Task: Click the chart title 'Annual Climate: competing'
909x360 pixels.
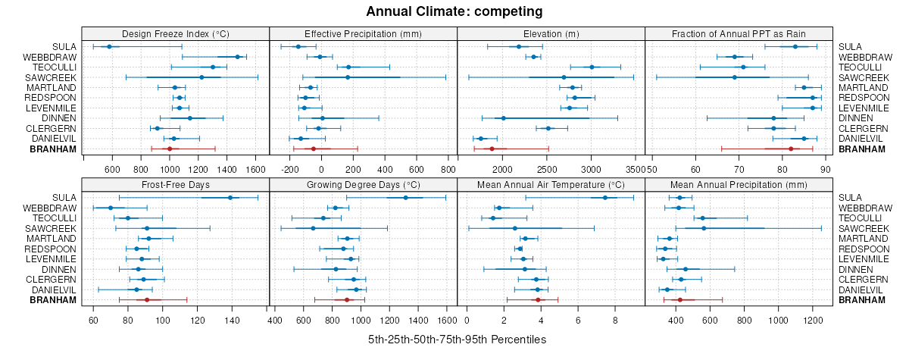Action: tap(454, 11)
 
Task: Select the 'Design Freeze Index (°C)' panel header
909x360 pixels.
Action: tap(175, 33)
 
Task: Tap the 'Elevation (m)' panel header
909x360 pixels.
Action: tap(551, 33)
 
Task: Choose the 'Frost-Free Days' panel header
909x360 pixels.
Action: tap(175, 184)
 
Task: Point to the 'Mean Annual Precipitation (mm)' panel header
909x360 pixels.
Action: tap(739, 184)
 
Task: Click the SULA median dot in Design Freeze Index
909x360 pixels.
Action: tap(109, 46)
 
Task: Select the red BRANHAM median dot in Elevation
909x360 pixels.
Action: tap(492, 149)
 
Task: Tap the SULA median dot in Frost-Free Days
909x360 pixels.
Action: tap(230, 198)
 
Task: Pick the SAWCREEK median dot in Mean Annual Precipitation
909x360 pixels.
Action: tap(704, 228)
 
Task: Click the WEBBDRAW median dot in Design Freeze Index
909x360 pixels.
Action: tap(238, 57)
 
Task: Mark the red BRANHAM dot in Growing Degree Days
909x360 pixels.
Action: tap(347, 300)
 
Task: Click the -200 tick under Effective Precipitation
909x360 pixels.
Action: tap(290, 168)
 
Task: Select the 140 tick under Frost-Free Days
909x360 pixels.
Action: tap(233, 320)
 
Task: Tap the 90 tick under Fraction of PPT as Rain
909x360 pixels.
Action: tap(826, 168)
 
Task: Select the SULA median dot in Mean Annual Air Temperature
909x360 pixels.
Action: tap(604, 198)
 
